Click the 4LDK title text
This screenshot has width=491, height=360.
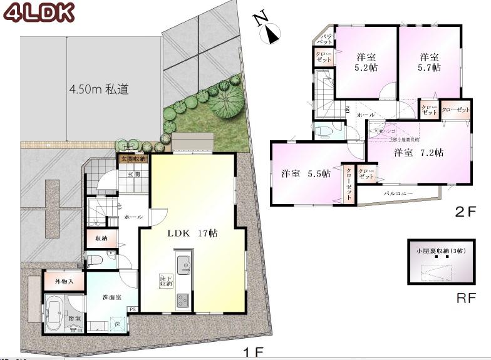pyautogui.click(x=39, y=12)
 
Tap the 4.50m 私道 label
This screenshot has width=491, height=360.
pyautogui.click(x=99, y=90)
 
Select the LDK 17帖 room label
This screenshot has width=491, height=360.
pyautogui.click(x=192, y=233)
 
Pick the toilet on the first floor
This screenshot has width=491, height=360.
pyautogui.click(x=95, y=260)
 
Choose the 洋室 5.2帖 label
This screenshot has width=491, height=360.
pyautogui.click(x=366, y=63)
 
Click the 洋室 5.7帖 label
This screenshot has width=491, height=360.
pyautogui.click(x=430, y=61)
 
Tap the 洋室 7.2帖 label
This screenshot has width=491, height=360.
pyautogui.click(x=418, y=152)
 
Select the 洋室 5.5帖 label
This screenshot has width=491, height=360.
pyautogui.click(x=306, y=173)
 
